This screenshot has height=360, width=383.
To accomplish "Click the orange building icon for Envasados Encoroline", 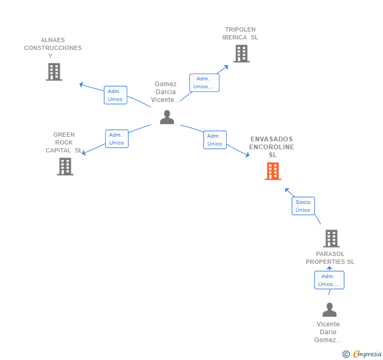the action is [x=273, y=171].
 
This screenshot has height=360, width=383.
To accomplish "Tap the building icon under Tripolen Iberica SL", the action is [x=241, y=54].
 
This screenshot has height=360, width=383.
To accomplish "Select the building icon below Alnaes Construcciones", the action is [x=54, y=72].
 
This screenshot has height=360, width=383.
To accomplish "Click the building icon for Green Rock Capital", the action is [x=65, y=167].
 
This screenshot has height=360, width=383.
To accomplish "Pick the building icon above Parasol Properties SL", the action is [x=331, y=239].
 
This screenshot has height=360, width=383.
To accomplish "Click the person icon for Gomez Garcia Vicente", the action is [x=167, y=117].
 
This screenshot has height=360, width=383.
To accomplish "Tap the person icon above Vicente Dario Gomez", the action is [x=329, y=310].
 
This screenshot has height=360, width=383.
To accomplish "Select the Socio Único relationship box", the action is [x=303, y=206].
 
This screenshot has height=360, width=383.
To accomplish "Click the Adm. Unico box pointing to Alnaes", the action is [x=115, y=95].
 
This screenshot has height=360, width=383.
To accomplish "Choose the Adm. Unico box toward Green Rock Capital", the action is [x=117, y=139].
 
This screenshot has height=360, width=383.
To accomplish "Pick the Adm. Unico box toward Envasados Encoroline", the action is [x=215, y=140].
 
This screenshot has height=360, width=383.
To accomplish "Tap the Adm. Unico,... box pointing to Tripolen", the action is [x=204, y=83].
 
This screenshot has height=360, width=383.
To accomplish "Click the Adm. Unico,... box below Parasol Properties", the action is [x=329, y=280].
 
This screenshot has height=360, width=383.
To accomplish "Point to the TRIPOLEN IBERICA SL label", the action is [x=240, y=34].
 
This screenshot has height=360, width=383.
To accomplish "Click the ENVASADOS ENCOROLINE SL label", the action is [x=271, y=147].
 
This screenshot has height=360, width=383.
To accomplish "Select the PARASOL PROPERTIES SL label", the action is [x=330, y=258].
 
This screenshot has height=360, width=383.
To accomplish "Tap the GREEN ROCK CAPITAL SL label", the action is [x=64, y=142].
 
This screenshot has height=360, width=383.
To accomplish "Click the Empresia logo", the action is [x=362, y=354].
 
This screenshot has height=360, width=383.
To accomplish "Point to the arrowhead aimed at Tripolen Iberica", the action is [x=226, y=67].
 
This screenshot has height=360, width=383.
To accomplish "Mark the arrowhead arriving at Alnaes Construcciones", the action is [x=82, y=85].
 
